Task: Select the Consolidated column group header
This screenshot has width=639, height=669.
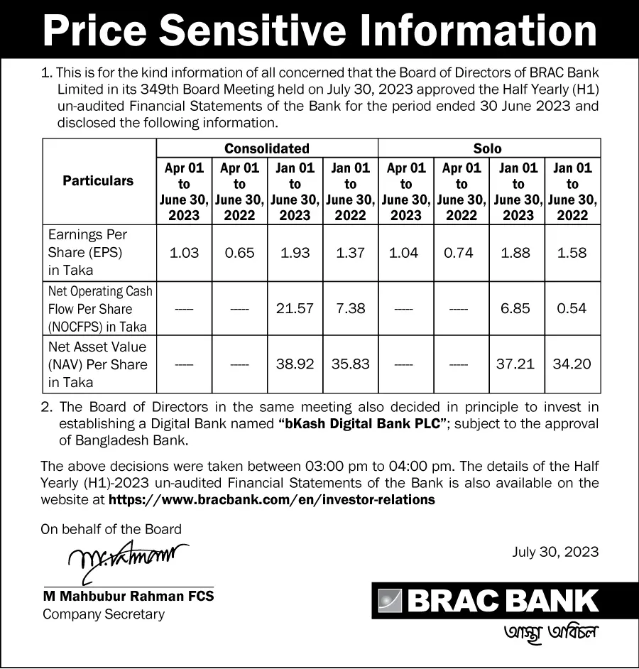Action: click(266, 148)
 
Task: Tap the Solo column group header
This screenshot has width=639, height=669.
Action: click(488, 148)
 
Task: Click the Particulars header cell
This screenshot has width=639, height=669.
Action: click(98, 181)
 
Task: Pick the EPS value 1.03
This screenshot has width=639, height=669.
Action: click(184, 253)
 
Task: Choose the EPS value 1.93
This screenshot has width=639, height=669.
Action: click(295, 253)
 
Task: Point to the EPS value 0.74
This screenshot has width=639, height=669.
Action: click(459, 253)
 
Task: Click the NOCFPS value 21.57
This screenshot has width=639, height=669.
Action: click(295, 308)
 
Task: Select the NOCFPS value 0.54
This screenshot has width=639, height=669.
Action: click(572, 308)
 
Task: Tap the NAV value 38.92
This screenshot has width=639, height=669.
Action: click(295, 364)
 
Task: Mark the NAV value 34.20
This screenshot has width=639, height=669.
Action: click(572, 364)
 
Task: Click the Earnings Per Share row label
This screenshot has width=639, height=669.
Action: click(87, 252)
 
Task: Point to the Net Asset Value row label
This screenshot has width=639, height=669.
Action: click(97, 364)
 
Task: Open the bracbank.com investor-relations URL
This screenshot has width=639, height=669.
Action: click(271, 499)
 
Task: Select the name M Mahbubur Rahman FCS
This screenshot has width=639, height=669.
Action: click(128, 597)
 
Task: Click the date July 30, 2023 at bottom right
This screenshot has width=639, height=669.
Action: click(555, 552)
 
